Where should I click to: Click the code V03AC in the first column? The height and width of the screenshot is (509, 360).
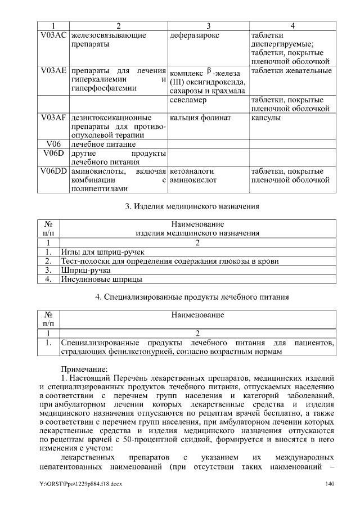(54, 35)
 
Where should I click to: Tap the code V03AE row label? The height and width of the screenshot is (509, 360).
(54, 71)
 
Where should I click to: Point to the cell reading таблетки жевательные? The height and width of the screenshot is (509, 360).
(291, 71)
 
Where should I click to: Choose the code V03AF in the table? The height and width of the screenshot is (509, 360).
(54, 118)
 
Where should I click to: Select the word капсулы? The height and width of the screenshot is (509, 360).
(266, 118)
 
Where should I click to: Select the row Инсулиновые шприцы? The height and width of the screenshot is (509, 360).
(101, 279)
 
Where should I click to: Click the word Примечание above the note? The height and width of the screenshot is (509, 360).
(84, 368)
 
